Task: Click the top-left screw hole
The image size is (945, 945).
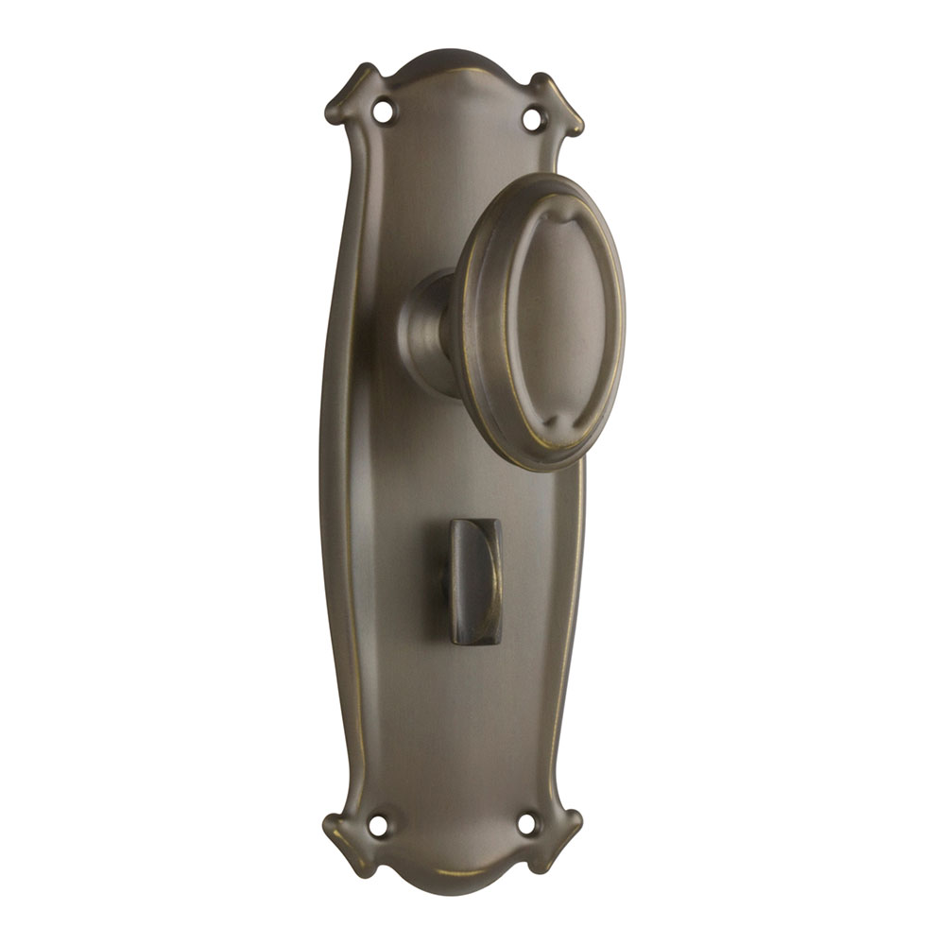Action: coord(383,111)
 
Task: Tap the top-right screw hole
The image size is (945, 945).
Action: coord(533,119)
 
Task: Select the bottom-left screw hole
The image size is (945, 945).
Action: coord(378,825)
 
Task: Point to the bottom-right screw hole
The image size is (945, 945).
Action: coord(527,824)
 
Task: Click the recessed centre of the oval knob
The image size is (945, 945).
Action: coord(558,321)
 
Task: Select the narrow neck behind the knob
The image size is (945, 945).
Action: coord(427,331)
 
